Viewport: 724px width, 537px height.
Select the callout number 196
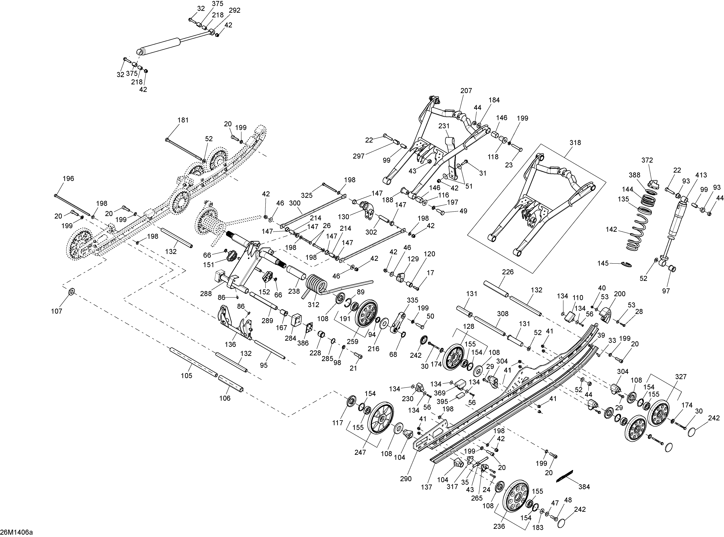[x=68, y=178]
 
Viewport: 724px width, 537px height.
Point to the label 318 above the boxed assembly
[x=575, y=142]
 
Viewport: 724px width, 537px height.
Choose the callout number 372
[x=647, y=160]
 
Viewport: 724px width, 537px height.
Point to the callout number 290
[x=406, y=479]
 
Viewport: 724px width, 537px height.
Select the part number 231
[x=444, y=126]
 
